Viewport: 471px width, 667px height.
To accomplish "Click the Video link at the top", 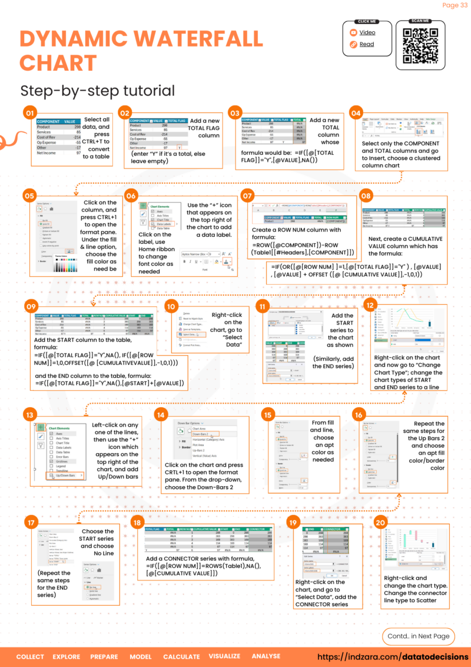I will (x=367, y=33).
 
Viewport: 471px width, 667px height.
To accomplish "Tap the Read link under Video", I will (x=367, y=44).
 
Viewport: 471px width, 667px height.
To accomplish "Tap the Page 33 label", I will (x=454, y=6).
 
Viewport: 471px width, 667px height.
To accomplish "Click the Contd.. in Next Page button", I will (x=419, y=636).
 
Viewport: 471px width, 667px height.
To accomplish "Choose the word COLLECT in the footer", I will (x=30, y=656).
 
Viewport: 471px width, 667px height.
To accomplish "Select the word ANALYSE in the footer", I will (x=266, y=656).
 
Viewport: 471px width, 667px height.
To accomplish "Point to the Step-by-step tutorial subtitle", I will (x=97, y=91).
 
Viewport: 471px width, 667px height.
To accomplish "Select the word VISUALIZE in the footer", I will (x=224, y=656).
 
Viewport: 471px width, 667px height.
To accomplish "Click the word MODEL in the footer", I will (x=141, y=656).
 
